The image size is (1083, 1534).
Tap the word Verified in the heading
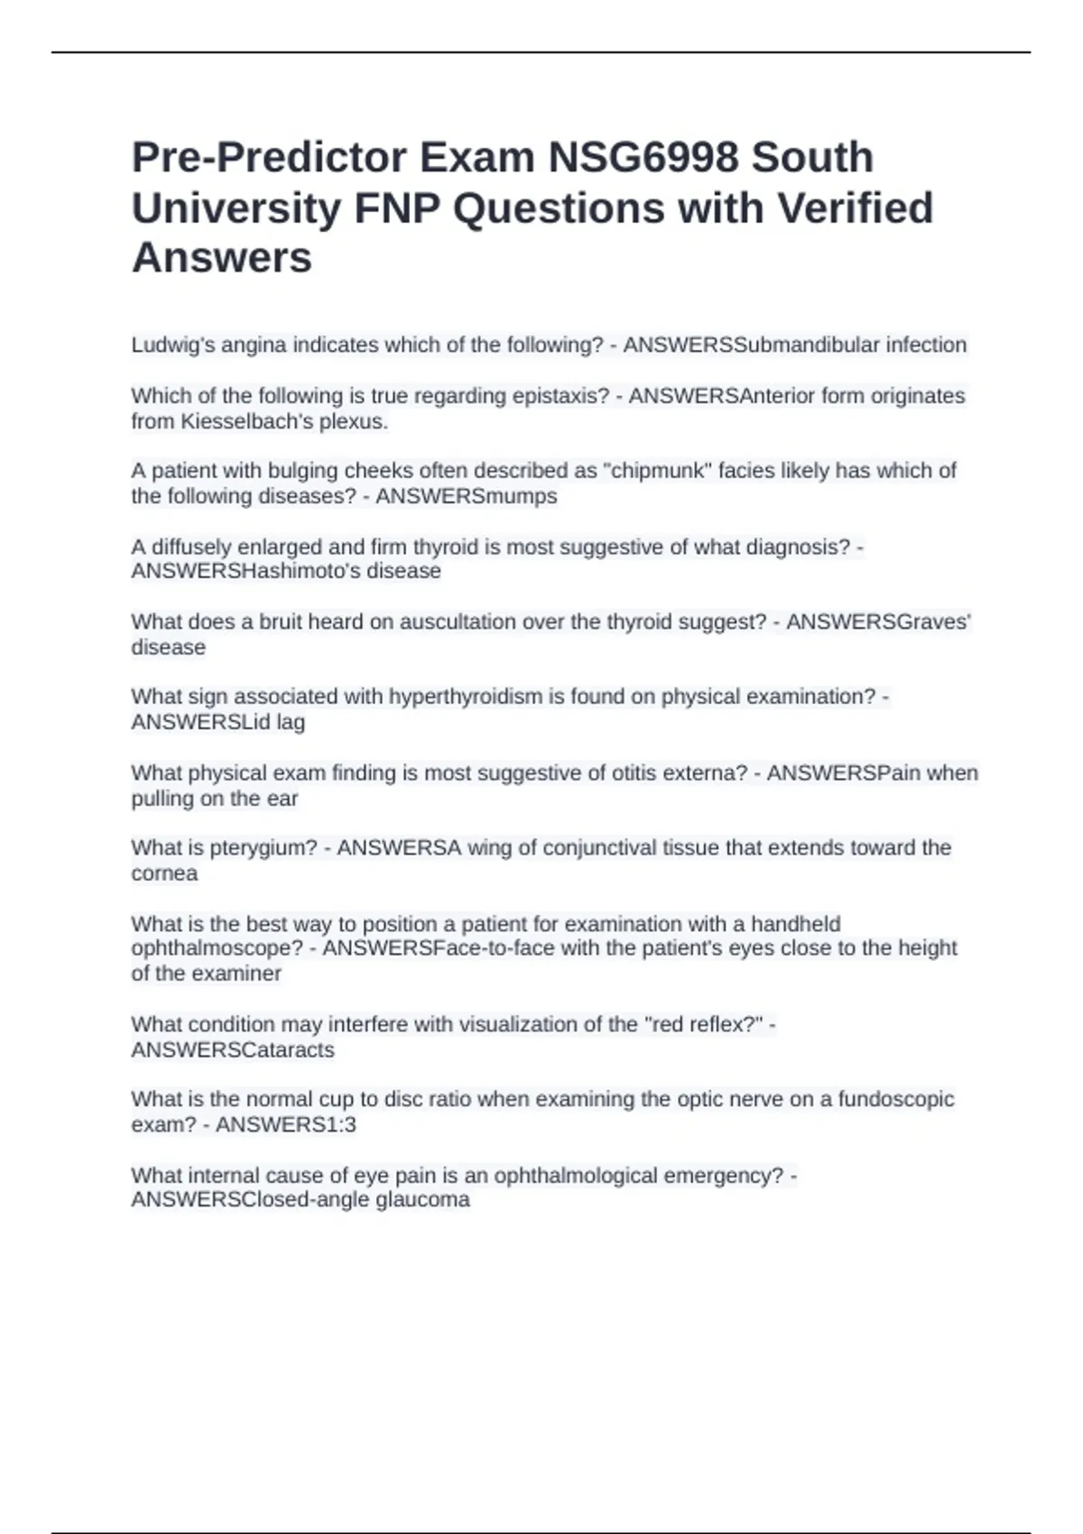[x=855, y=208]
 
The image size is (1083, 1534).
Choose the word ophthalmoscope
[x=217, y=948]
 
